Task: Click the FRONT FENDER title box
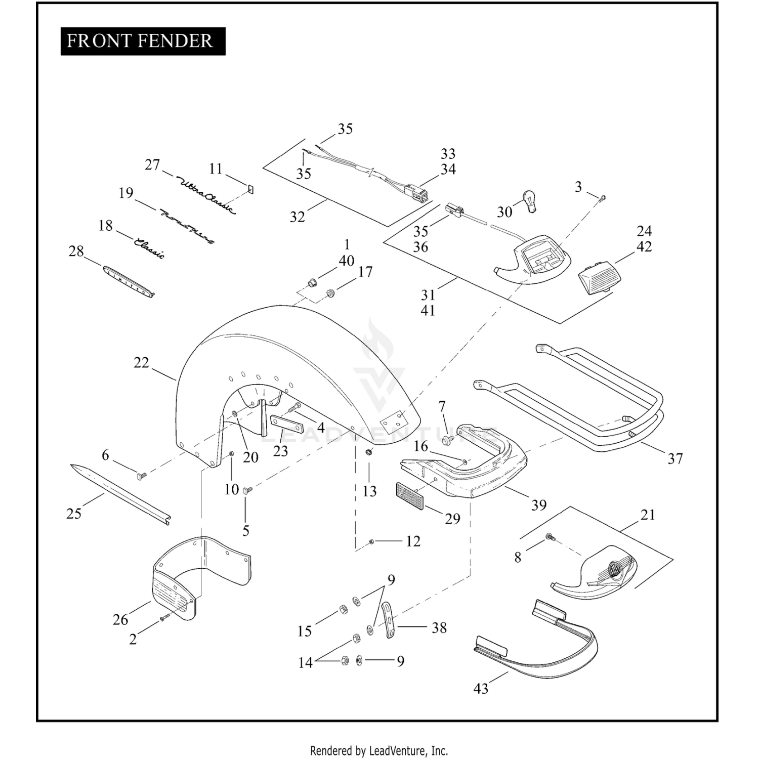(143, 41)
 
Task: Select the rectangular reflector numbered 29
(410, 496)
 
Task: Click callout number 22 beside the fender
(141, 362)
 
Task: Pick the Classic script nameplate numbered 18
(149, 247)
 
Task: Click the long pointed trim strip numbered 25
(120, 494)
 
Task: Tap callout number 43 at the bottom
(481, 688)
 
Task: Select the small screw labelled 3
(602, 199)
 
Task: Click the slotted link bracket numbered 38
(389, 619)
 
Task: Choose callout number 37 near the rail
(675, 458)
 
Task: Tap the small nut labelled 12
(372, 541)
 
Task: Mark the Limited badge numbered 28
(128, 280)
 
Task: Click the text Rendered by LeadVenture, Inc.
(379, 750)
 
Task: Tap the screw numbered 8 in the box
(549, 537)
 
